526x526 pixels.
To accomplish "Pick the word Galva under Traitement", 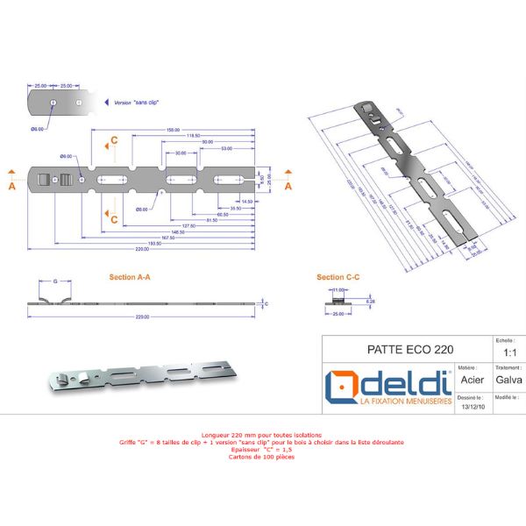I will coord(508,380).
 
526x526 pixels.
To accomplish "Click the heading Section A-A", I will coord(130,277).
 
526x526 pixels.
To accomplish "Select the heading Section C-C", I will coord(338,277).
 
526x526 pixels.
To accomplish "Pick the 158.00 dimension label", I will coord(172,131).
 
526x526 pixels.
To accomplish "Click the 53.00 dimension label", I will coord(226,149).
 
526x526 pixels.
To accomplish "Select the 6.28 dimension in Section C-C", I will coord(371,301).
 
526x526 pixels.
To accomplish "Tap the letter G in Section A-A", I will coord(55,282).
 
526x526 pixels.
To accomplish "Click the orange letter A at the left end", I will coord(11,186).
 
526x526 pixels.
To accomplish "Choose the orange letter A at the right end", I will coord(287,186).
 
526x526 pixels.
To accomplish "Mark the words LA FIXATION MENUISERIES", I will coord(404,401).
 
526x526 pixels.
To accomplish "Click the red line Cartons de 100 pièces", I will coord(262,457).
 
